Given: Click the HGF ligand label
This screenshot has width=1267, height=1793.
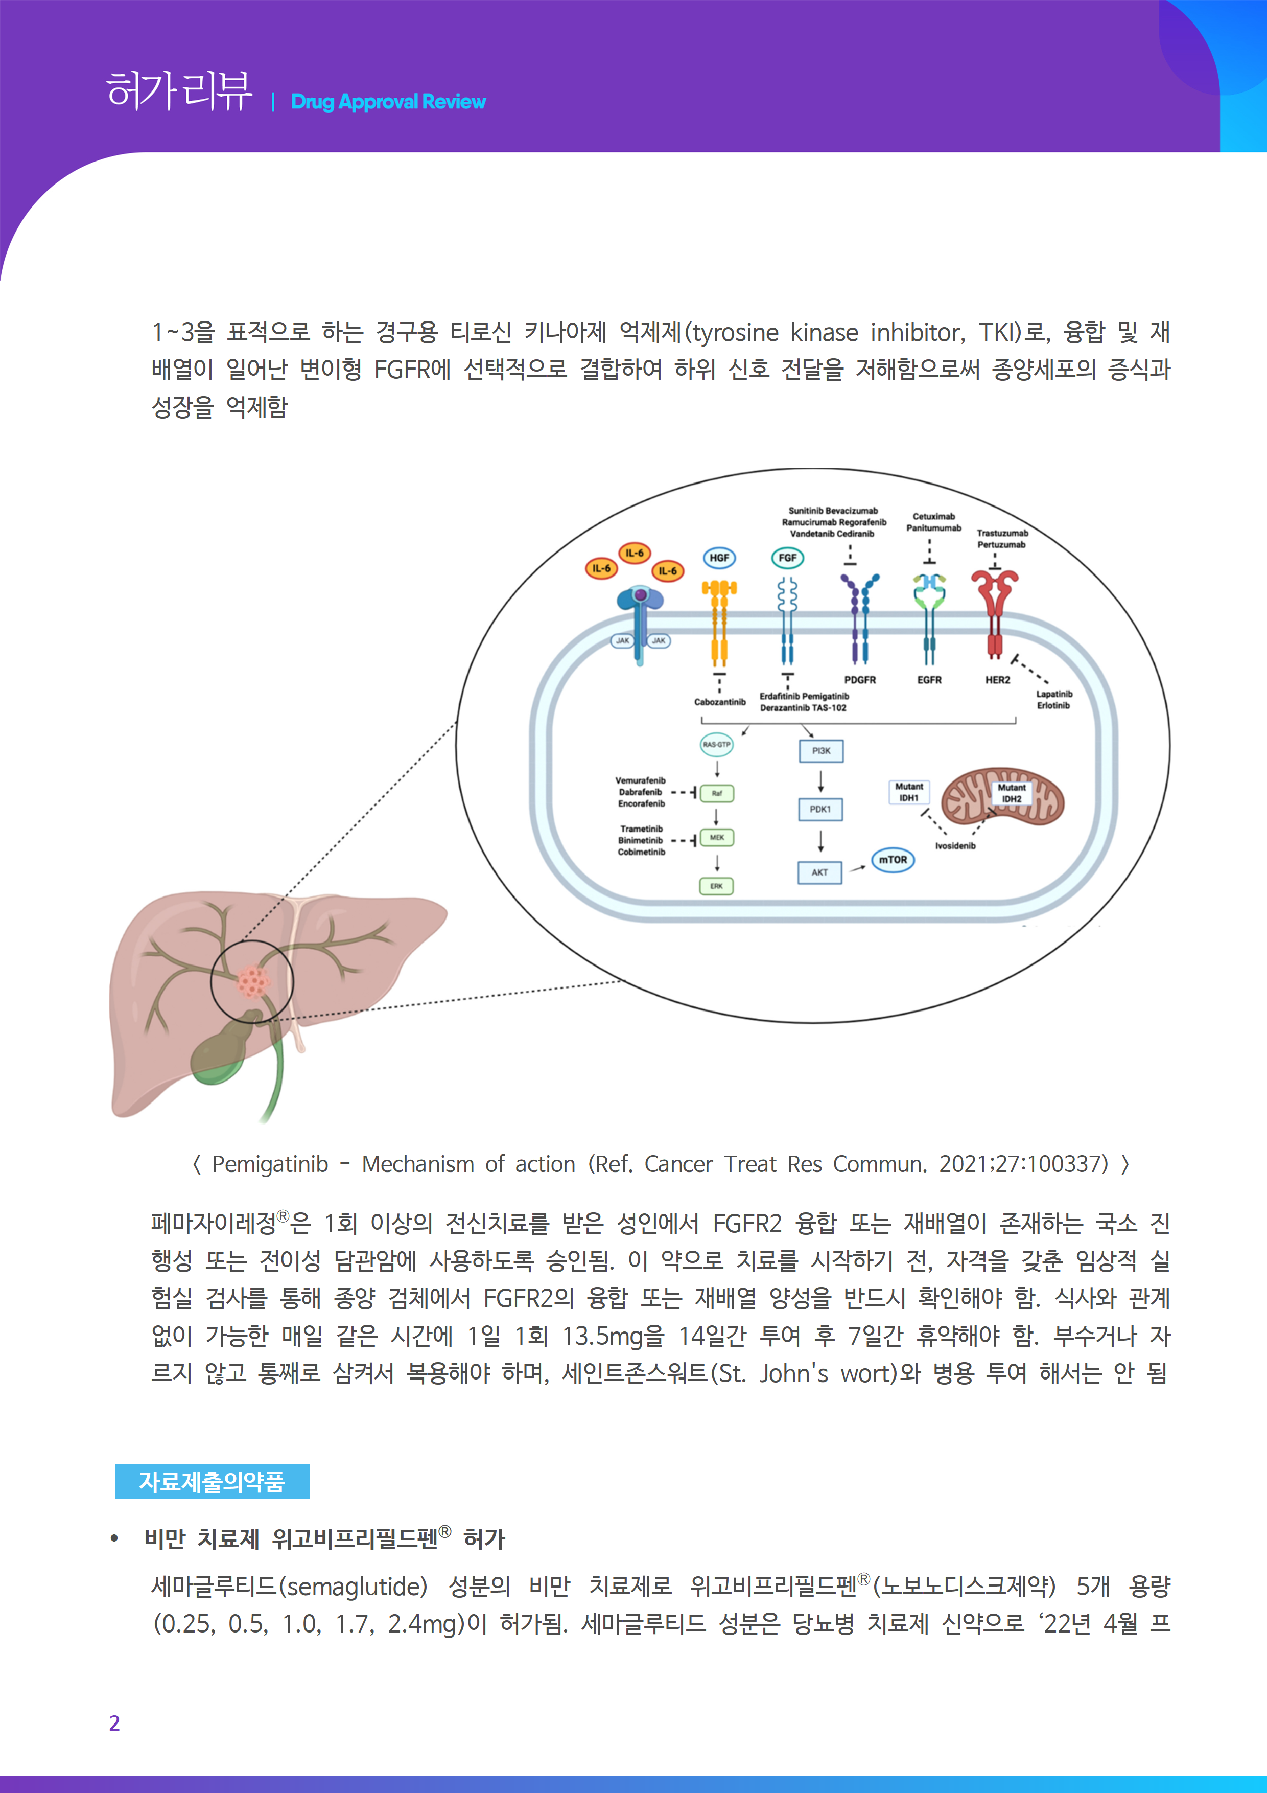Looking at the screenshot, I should [719, 558].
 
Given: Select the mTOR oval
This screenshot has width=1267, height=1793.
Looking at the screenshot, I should [893, 860].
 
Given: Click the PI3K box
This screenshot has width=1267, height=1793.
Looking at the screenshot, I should [821, 750].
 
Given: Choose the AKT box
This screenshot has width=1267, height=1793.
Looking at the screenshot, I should [819, 872].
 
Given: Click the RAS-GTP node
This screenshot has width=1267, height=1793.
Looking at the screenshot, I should [717, 744].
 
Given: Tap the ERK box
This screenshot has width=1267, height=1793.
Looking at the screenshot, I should [717, 886].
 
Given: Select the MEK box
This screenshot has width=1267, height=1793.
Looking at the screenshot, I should [717, 837].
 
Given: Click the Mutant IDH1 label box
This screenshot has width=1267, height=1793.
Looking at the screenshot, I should [909, 792].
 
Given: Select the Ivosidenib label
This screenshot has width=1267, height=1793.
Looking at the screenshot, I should [955, 846].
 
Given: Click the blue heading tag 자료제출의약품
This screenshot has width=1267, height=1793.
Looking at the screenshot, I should [212, 1481].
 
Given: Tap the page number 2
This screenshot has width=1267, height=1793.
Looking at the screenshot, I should [115, 1722].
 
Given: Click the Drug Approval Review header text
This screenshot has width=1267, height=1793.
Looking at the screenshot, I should [388, 102].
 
